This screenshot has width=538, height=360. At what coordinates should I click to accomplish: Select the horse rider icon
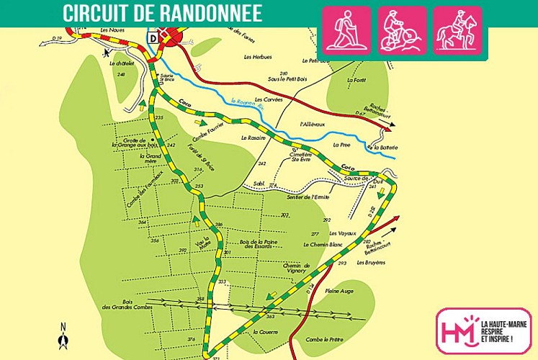tap(458, 31)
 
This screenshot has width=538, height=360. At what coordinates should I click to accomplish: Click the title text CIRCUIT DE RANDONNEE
tap(162, 13)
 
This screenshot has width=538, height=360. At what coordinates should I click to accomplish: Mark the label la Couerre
tap(265, 332)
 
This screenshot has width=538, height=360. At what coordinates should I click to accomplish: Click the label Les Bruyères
tap(371, 262)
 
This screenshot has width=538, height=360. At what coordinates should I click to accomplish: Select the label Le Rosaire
tap(254, 138)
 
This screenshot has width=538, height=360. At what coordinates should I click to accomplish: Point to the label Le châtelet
tap(122, 63)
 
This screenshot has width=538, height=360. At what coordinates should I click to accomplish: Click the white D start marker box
tap(153, 37)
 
